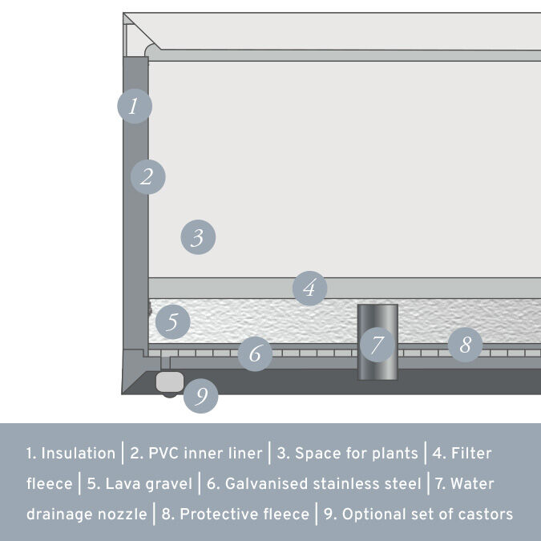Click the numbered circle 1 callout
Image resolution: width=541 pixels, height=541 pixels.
(134, 106)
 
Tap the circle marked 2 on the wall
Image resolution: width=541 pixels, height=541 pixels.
(147, 177)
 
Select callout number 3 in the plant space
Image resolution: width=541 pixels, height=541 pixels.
(198, 237)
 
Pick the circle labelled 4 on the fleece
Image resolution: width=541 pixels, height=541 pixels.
(309, 288)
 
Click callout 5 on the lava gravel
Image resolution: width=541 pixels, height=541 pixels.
(172, 323)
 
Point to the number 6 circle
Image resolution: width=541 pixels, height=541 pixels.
(254, 353)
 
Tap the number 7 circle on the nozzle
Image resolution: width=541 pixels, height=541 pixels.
(377, 345)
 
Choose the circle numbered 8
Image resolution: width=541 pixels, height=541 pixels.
(465, 346)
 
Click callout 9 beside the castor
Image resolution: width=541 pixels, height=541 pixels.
(201, 395)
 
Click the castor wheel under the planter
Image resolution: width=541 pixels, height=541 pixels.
(169, 385)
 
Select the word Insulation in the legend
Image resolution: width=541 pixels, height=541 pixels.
(78, 454)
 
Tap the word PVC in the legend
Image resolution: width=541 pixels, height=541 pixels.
(164, 454)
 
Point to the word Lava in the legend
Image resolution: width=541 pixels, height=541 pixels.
(121, 484)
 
